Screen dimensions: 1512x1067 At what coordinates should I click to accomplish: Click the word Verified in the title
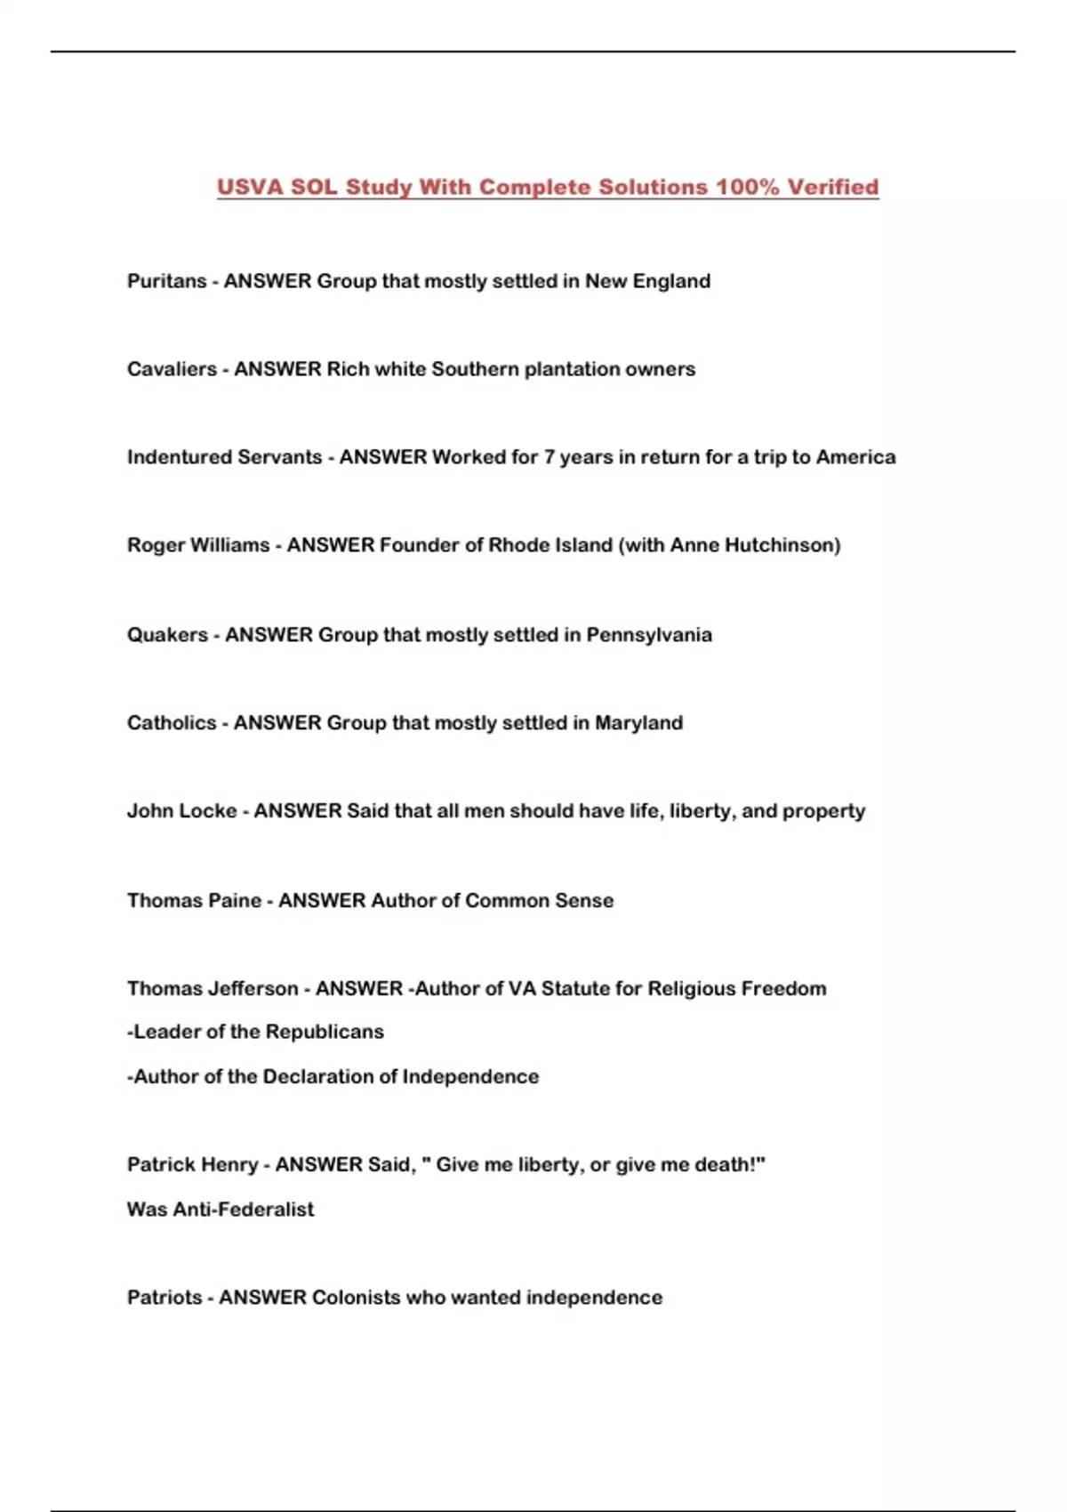tap(832, 188)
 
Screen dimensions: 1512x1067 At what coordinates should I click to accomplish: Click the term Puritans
tap(166, 281)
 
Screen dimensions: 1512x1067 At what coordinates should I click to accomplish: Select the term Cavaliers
tap(172, 369)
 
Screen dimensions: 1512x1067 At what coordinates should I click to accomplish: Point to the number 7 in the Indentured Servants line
tap(550, 457)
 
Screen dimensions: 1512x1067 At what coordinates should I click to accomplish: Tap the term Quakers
tap(167, 635)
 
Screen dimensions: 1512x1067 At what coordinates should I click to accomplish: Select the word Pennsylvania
tap(649, 635)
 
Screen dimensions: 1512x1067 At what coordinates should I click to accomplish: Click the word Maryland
tap(638, 723)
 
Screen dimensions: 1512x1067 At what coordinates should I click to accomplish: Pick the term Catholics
tap(172, 723)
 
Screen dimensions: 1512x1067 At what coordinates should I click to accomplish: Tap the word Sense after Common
tap(584, 901)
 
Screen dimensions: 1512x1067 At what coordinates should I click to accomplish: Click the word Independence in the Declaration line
tap(470, 1077)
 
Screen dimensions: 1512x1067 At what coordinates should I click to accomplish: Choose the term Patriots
tap(164, 1298)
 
